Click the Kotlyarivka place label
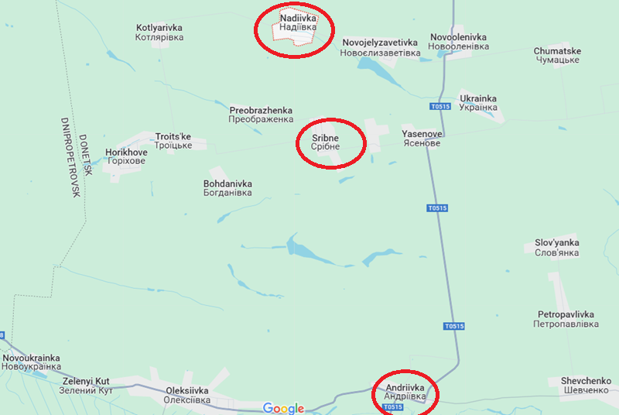[x=159, y=32]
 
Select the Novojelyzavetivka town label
[x=380, y=47]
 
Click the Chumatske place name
[x=557, y=56]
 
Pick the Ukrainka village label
[x=478, y=103]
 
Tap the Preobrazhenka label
[x=262, y=115]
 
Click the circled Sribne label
[x=326, y=142]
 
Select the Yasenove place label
[x=422, y=139]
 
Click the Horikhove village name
[x=126, y=158]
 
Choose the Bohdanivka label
[x=227, y=188]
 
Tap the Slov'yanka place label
[x=557, y=248]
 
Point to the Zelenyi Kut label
[x=86, y=386]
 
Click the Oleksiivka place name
[x=188, y=396]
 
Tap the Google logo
[x=283, y=408]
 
